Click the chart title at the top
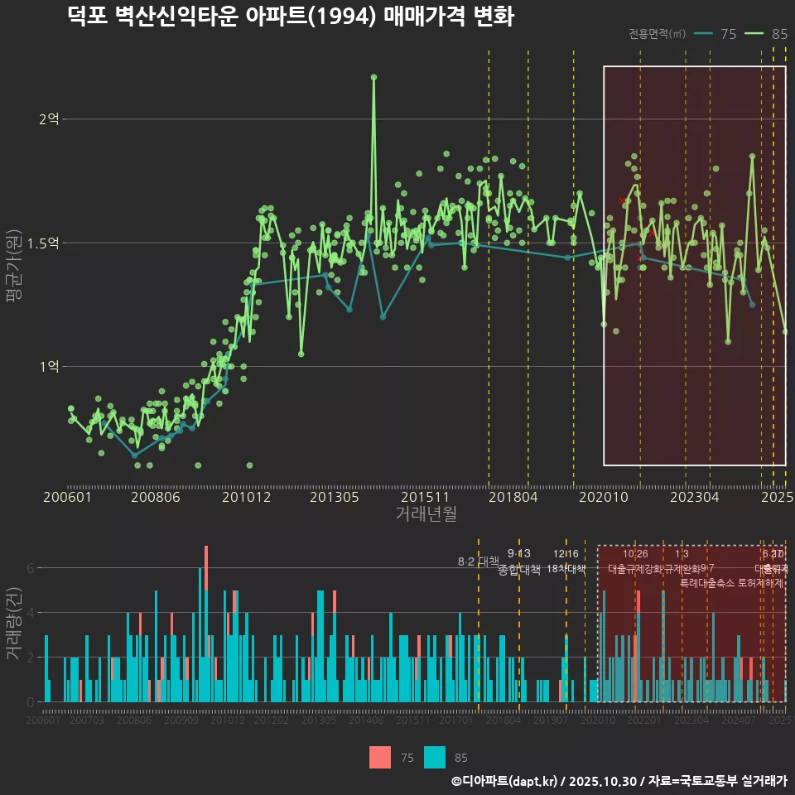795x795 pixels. tap(291, 17)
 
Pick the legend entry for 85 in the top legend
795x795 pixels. tap(766, 34)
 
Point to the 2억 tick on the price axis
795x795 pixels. tap(49, 119)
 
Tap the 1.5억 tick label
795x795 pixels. tap(44, 243)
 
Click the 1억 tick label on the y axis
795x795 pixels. tap(49, 366)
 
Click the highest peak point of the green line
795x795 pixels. tap(373, 77)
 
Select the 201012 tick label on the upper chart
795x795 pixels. tap(245, 498)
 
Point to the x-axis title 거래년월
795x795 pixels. tap(426, 514)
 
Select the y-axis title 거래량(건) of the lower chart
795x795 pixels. tap(14, 624)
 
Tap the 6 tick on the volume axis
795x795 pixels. tap(30, 568)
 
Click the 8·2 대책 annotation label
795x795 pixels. tap(478, 561)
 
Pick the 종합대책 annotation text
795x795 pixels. tap(519, 570)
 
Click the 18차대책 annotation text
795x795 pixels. tap(566, 570)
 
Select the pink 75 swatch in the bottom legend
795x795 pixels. tap(380, 757)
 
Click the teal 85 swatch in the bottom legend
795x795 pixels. tap(435, 757)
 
